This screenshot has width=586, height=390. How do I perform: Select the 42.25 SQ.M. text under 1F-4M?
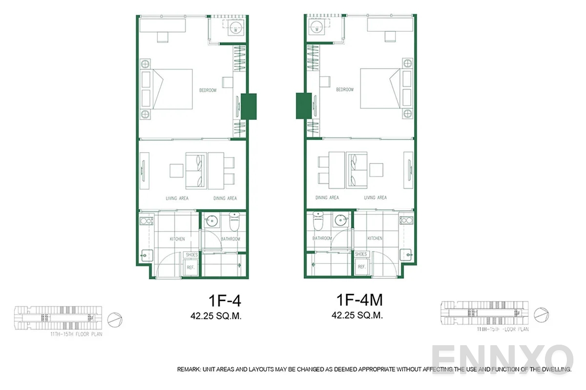tap(357, 315)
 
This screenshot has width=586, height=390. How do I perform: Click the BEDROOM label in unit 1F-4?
tap(208, 90)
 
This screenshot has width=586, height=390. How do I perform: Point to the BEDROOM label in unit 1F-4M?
tap(344, 90)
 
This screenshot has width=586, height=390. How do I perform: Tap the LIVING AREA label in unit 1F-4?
tap(176, 198)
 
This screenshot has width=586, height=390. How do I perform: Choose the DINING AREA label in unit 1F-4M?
tap(327, 198)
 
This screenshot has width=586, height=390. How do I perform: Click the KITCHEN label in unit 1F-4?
tap(177, 239)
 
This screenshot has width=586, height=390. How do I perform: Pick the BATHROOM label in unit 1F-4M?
tap(322, 238)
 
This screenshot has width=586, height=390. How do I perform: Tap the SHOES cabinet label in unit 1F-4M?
tap(361, 254)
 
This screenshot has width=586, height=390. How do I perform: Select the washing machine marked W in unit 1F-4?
tap(235, 28)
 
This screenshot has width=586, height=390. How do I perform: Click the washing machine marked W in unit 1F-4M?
tap(317, 28)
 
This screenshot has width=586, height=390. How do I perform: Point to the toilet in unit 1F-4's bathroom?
tap(233, 223)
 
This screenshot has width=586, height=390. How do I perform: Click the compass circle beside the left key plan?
tap(113, 320)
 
